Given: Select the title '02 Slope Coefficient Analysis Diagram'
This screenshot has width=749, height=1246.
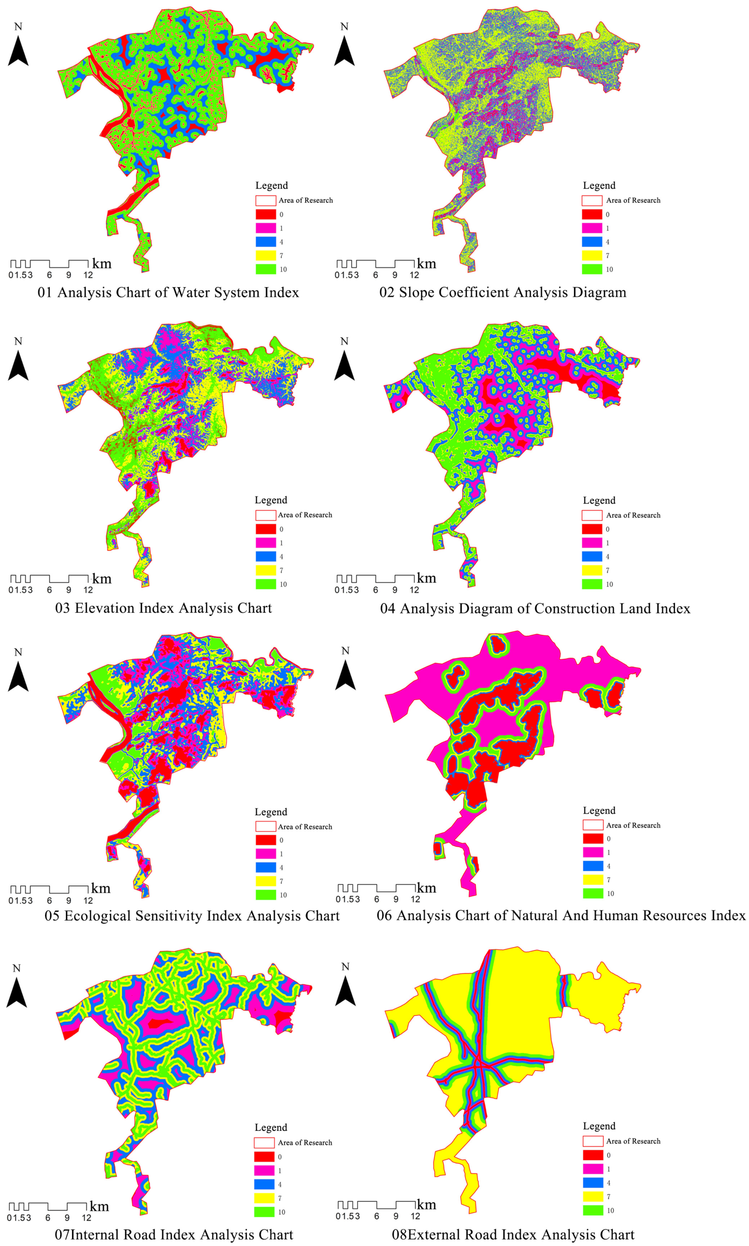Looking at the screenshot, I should click(503, 293).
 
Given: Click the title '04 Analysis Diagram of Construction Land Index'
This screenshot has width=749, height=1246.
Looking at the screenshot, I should click(535, 608).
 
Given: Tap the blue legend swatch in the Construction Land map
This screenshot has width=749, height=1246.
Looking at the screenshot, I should click(592, 557).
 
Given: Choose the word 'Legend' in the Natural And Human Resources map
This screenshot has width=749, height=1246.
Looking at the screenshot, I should click(599, 810).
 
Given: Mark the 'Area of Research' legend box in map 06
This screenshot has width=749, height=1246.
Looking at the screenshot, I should click(593, 825).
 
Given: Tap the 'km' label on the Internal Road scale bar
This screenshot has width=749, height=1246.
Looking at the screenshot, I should click(99, 1206).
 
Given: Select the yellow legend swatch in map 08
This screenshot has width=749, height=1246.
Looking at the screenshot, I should click(593, 1196).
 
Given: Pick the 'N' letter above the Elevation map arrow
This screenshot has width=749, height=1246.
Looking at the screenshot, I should click(18, 342).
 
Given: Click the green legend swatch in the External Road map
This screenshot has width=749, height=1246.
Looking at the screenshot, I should click(593, 1210).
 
